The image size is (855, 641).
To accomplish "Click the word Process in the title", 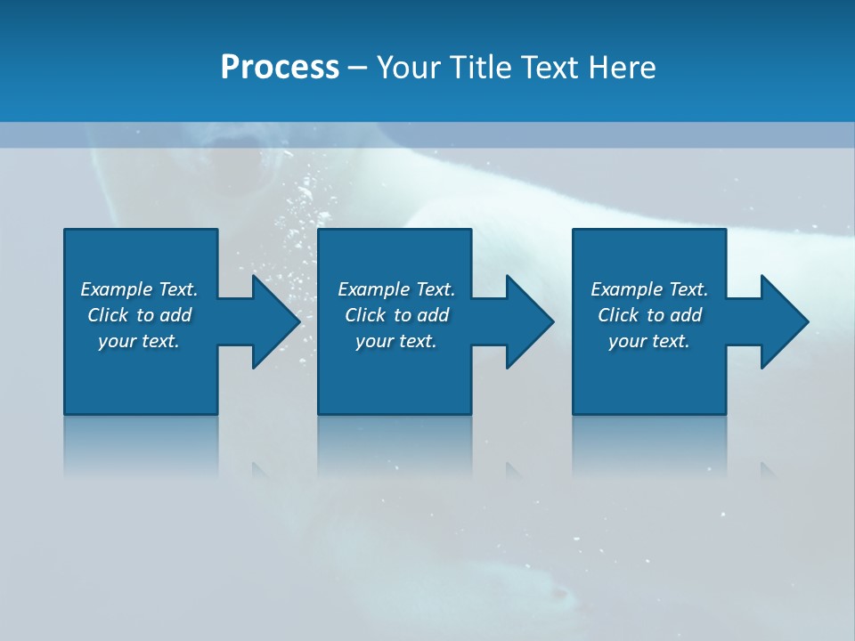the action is pos(280,68).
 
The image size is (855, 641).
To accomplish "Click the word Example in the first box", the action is pos(117,289).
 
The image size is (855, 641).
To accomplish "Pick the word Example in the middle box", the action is pos(374,289).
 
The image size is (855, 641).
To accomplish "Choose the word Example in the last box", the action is pos(627,289).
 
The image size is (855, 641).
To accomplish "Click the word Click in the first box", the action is pos(108,315).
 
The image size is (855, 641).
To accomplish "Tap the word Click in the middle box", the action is pos(365,315).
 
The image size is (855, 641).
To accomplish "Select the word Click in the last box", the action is pos(618,315).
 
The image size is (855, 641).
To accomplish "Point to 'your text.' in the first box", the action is pos(139,341).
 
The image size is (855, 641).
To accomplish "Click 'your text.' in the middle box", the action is pos(396,341).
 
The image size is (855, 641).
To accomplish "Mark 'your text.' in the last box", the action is pos(649,341).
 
